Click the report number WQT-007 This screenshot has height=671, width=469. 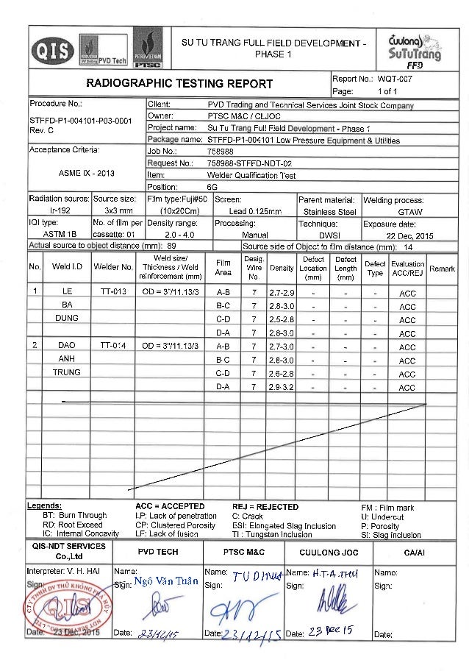point(392,79)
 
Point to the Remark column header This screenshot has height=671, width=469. point(442,270)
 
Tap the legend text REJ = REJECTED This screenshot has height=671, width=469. point(265,507)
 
